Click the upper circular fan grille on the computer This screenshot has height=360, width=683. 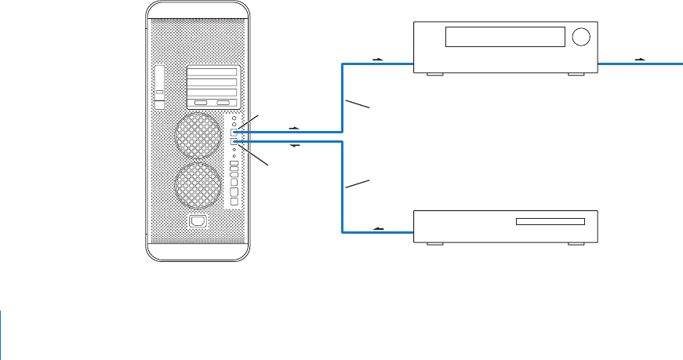pyautogui.click(x=198, y=134)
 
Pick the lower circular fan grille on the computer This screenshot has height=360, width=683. pyautogui.click(x=198, y=185)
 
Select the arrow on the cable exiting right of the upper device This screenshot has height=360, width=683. pyautogui.click(x=640, y=59)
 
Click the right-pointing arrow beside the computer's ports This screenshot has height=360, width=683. pyautogui.click(x=295, y=126)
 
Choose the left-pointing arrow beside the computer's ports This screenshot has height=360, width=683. pyautogui.click(x=295, y=147)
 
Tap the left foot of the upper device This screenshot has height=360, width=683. pyautogui.click(x=434, y=75)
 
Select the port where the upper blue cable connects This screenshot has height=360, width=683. pyautogui.click(x=235, y=132)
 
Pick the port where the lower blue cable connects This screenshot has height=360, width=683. pyautogui.click(x=235, y=142)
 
